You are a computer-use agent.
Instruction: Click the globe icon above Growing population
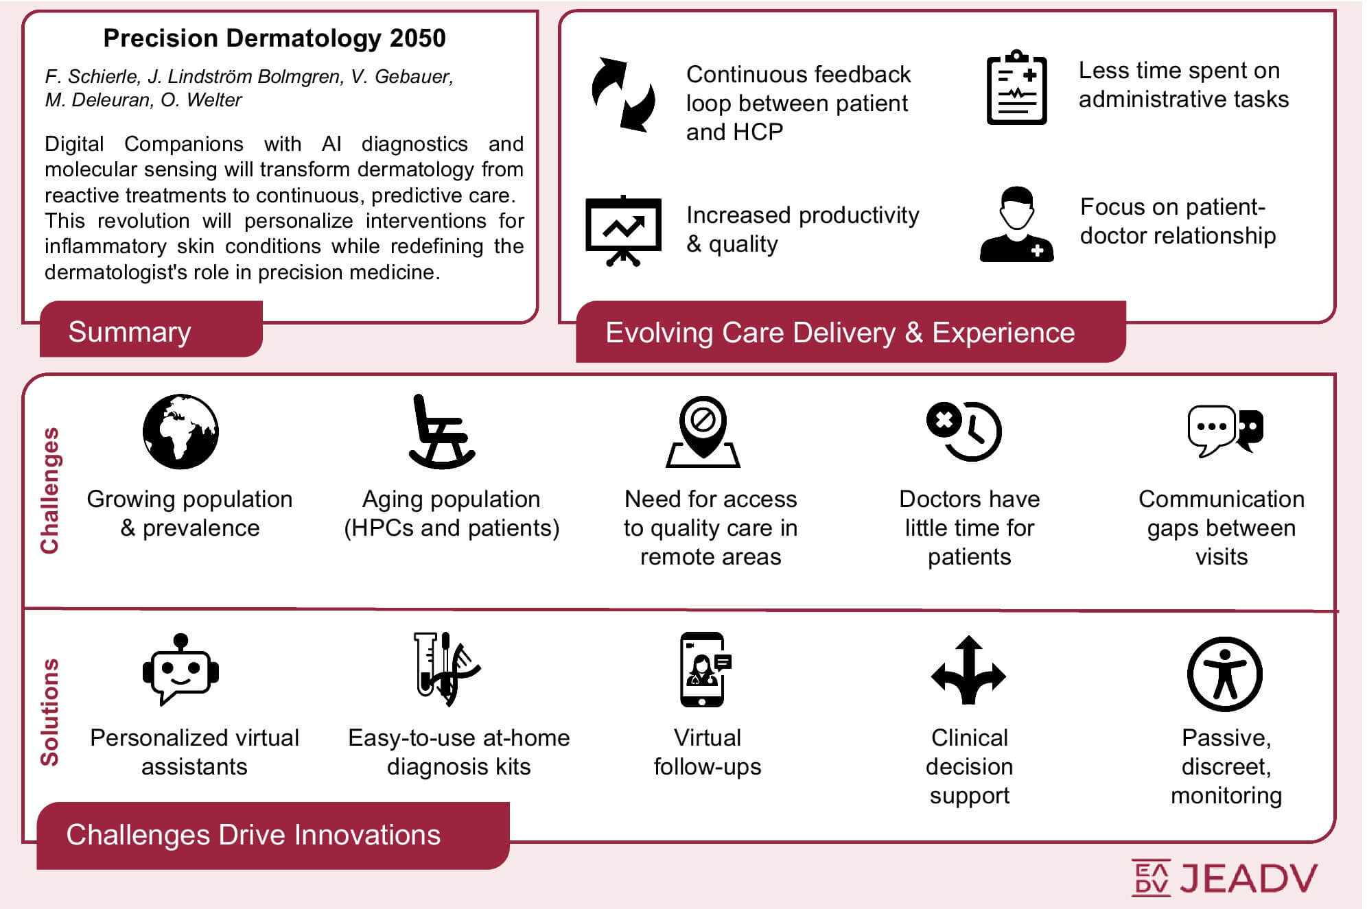(180, 432)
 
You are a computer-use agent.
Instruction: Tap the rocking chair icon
(441, 432)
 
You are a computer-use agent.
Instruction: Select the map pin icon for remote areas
(703, 432)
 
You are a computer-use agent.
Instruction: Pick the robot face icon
(180, 669)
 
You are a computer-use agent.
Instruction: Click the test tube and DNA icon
(446, 669)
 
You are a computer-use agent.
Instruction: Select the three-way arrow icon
(968, 670)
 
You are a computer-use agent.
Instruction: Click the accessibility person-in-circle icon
(1225, 674)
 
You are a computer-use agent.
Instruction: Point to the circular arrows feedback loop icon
(623, 95)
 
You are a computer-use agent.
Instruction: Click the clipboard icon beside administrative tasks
(1016, 87)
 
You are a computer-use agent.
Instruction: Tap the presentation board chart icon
(623, 231)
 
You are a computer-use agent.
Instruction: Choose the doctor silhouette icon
(1016, 224)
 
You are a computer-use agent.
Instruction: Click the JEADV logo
(1224, 877)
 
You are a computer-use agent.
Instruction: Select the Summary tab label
(130, 332)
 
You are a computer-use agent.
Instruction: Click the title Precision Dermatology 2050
(274, 38)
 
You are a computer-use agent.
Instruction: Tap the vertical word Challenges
(49, 491)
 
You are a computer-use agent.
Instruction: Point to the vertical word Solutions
(49, 712)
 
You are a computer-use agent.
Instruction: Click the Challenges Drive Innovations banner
(273, 836)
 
